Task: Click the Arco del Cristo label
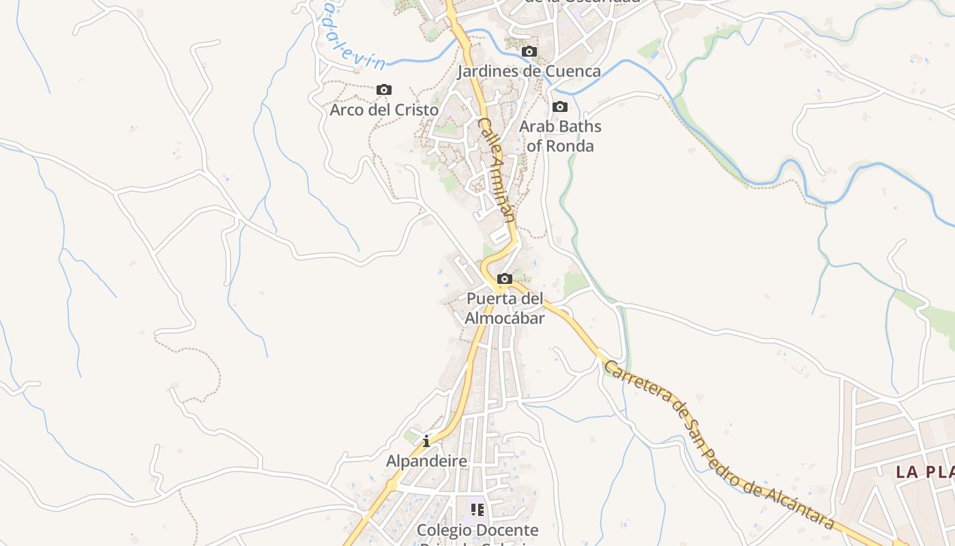(384, 109)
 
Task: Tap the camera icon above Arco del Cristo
(384, 90)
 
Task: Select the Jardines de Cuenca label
(529, 71)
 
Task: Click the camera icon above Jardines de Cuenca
(529, 52)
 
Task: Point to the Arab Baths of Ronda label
(560, 136)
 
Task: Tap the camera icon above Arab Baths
(560, 107)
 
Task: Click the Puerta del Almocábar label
(505, 308)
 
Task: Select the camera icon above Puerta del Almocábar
(505, 279)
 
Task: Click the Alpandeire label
(426, 461)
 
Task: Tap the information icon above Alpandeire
(426, 442)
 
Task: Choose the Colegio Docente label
(477, 530)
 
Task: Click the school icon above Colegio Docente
(477, 510)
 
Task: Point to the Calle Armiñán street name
(497, 170)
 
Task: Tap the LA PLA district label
(924, 472)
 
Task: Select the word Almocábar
(505, 318)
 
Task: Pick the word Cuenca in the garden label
(576, 71)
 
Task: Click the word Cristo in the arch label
(414, 109)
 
